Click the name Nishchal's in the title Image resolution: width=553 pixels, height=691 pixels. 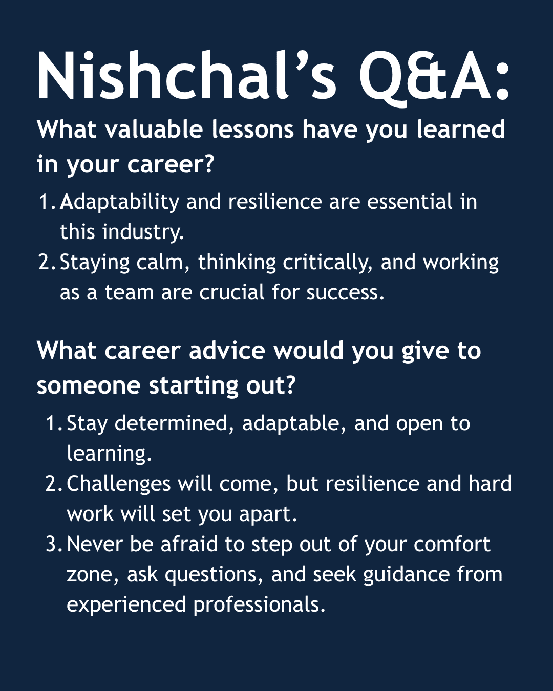pyautogui.click(x=187, y=75)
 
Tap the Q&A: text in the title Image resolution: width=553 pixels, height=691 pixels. pyautogui.click(x=434, y=77)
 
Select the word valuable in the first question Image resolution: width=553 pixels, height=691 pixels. pyautogui.click(x=154, y=129)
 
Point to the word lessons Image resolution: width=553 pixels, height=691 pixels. pyautogui.click(x=252, y=129)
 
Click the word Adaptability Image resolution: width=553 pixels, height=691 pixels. pyautogui.click(x=119, y=203)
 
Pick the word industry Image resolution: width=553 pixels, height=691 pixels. pyautogui.click(x=143, y=232)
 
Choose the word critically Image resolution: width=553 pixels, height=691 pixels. pyautogui.click(x=327, y=263)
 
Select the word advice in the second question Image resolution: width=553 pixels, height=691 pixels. pyautogui.click(x=227, y=350)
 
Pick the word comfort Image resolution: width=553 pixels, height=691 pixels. pyautogui.click(x=452, y=544)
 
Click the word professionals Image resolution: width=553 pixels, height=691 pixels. pyautogui.click(x=259, y=605)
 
